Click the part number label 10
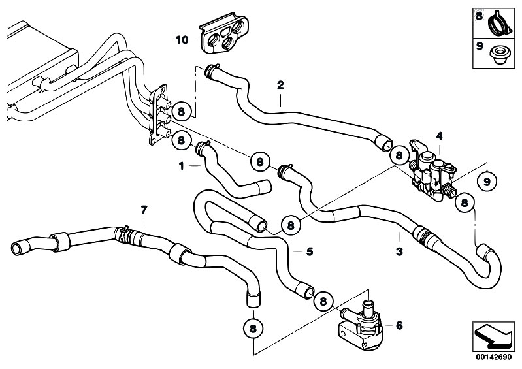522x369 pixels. click(x=182, y=40)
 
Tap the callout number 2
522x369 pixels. click(x=280, y=85)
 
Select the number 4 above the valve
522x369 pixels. click(x=439, y=136)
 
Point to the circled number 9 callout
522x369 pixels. click(x=485, y=180)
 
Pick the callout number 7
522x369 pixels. click(x=144, y=209)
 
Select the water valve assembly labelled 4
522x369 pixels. click(x=431, y=170)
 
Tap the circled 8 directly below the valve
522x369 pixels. click(x=464, y=202)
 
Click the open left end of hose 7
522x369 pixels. click(x=16, y=248)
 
